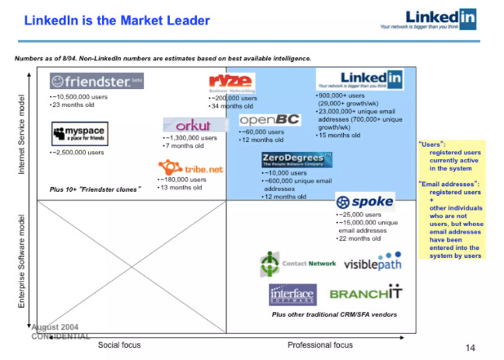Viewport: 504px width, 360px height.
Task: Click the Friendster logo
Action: coord(96,81)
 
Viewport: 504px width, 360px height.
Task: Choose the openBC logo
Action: coord(270,120)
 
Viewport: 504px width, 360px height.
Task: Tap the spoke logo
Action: coord(365,202)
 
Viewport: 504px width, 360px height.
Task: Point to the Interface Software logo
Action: coord(292,295)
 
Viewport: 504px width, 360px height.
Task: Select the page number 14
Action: coord(470,349)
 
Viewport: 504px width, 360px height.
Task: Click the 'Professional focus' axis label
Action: coord(320,345)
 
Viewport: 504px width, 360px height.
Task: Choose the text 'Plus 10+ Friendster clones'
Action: coord(96,189)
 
